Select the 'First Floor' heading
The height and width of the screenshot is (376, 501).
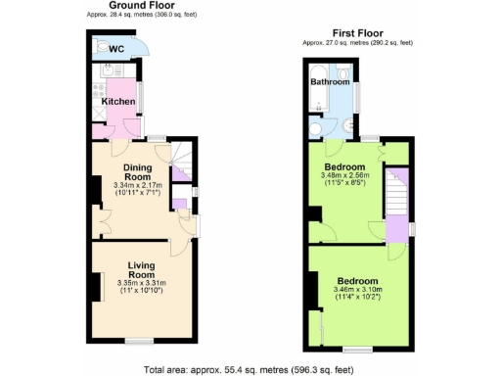coord(356,33)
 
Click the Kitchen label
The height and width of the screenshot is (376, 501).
coord(117,102)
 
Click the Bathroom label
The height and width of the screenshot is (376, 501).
coord(330,82)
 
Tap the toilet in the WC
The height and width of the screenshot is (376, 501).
coord(104,46)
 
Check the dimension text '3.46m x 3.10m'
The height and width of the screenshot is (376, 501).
coord(359,290)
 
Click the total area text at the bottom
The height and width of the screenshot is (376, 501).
coord(249,369)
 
